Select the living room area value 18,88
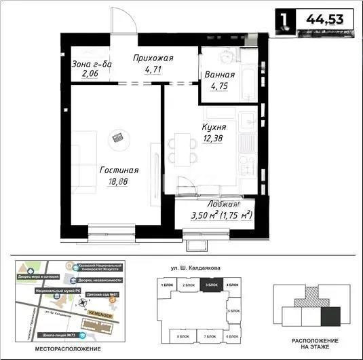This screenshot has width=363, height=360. tap(119, 181)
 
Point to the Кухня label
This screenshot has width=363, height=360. tap(214, 127)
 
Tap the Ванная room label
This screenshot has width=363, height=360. tap(220, 75)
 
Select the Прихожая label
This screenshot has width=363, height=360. tap(152, 58)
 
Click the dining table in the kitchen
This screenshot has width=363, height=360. tap(180, 147)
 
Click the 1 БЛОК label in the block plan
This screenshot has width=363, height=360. tap(167, 285)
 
